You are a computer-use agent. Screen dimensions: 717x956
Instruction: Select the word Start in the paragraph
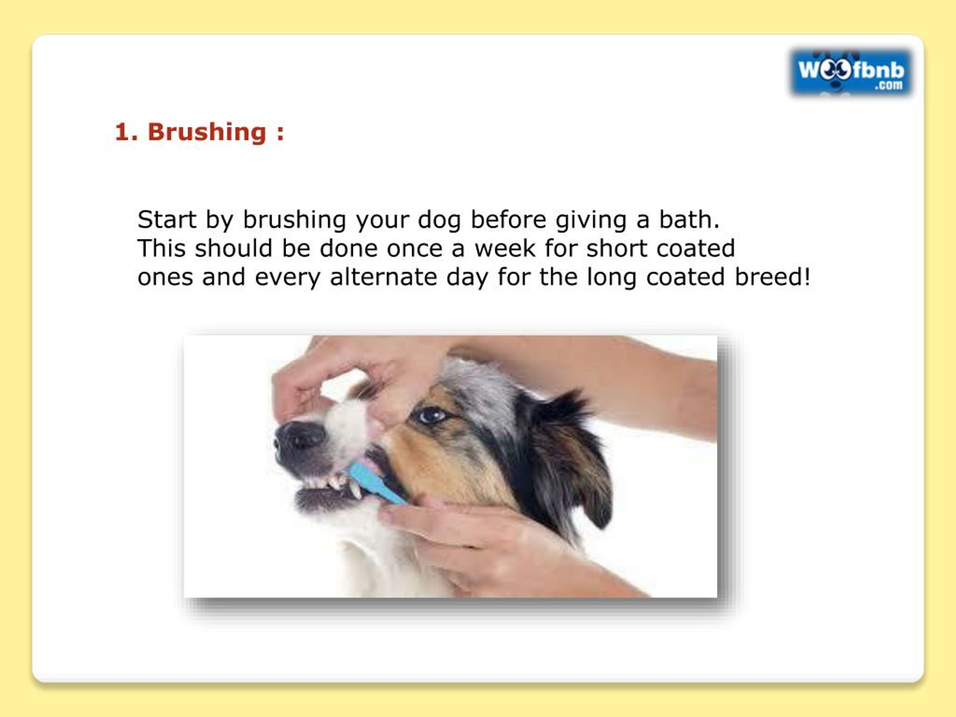coord(167,220)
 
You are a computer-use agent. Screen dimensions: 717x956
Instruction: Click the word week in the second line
coord(505,248)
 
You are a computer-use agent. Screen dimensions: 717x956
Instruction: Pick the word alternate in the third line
coord(383,277)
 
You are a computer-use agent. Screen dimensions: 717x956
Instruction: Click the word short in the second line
coord(616,248)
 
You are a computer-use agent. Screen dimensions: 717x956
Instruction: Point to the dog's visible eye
coord(432,415)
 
